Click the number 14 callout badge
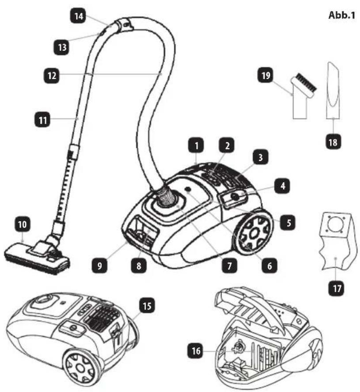coord(79,16)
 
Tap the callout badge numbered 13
coord(62,47)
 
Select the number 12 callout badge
coord(52,76)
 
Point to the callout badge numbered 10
coord(23,224)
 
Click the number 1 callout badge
coord(197,145)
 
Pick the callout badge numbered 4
coord(283,186)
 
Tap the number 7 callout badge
coord(230,266)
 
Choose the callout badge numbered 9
coord(100,266)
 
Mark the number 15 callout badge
coord(147,305)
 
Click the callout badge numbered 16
coord(196,350)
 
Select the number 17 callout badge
coord(337,289)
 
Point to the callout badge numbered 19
coord(265,75)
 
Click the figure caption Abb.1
coord(342,15)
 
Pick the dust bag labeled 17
coord(336,241)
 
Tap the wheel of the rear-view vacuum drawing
coord(80,368)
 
